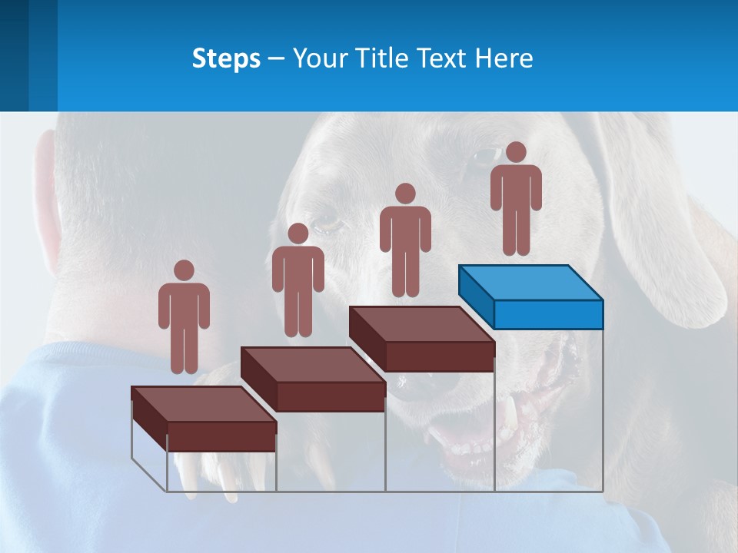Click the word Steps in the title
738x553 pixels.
pyautogui.click(x=226, y=58)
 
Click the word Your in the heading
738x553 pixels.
pyautogui.click(x=321, y=58)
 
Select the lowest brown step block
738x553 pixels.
pyautogui.click(x=204, y=419)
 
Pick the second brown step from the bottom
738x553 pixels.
pyautogui.click(x=313, y=379)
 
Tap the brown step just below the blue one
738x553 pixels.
pyautogui.click(x=421, y=339)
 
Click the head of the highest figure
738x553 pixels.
pyautogui.click(x=516, y=152)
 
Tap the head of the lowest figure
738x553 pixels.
pyautogui.click(x=184, y=270)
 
